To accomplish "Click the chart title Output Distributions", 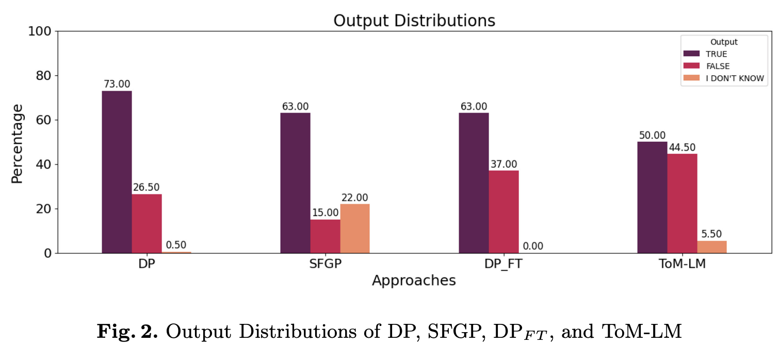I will click(414, 21).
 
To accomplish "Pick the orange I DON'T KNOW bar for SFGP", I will click(355, 228).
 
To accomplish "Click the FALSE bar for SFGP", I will click(325, 236).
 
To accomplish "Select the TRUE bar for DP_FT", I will click(474, 183).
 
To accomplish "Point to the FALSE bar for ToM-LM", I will click(682, 203).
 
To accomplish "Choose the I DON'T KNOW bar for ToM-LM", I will click(712, 247).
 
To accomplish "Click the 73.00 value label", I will click(117, 84).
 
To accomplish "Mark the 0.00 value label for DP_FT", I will click(533, 246).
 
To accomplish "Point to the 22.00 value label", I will click(355, 198).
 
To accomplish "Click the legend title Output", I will click(723, 42).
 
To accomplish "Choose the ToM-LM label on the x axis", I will click(682, 263).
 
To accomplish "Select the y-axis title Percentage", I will click(18, 143).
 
